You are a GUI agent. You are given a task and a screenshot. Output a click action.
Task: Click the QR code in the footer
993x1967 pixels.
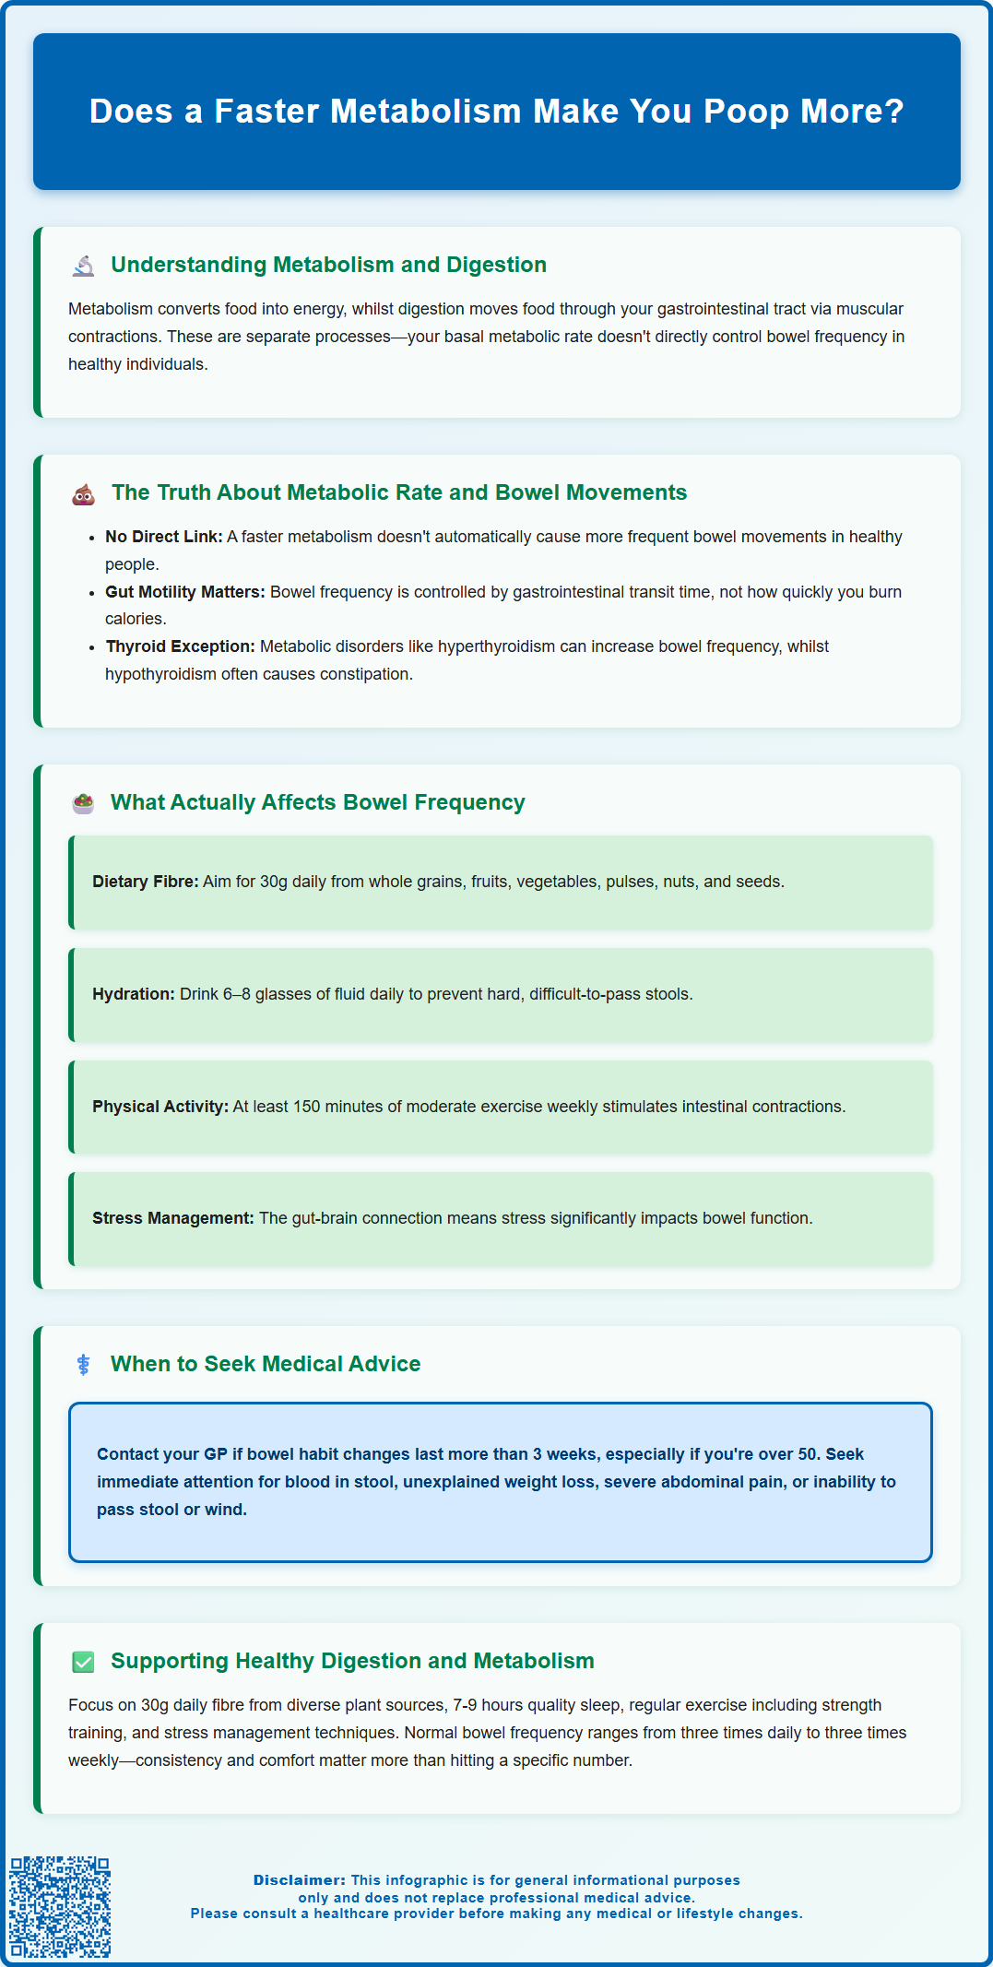click(x=60, y=1906)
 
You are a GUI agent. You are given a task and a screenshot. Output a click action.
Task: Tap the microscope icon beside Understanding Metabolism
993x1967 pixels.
click(x=84, y=266)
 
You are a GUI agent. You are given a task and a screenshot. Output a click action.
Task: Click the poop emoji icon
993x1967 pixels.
click(x=84, y=493)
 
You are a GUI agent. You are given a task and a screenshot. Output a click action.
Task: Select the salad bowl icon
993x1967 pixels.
click(x=84, y=803)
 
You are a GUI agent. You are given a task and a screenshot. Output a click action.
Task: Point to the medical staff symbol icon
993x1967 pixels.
click(x=84, y=1365)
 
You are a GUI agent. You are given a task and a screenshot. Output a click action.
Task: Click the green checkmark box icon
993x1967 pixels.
click(x=84, y=1662)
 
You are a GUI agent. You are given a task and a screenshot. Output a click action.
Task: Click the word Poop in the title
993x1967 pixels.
click(x=747, y=112)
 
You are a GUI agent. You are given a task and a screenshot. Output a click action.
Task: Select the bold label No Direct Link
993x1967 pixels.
click(x=163, y=537)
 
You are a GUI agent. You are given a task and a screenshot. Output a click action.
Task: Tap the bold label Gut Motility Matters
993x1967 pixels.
click(x=184, y=592)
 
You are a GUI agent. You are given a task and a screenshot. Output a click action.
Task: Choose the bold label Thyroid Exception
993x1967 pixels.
click(x=180, y=646)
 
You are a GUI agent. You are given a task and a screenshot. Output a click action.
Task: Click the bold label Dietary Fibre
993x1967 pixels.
click(x=145, y=882)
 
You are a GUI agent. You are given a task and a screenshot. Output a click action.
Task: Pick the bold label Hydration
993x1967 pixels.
click(x=133, y=994)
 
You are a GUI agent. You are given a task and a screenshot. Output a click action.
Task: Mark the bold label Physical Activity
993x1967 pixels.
click(x=160, y=1107)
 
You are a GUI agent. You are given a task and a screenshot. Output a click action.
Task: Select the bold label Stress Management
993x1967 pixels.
click(x=172, y=1218)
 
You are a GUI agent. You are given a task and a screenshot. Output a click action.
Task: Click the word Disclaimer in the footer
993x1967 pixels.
click(x=300, y=1879)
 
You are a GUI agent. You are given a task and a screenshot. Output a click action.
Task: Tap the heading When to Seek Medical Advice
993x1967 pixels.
click(x=266, y=1364)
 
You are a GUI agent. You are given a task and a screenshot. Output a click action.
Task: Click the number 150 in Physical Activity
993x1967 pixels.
click(x=308, y=1107)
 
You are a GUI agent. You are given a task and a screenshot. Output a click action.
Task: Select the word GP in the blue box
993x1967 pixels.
click(x=216, y=1454)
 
